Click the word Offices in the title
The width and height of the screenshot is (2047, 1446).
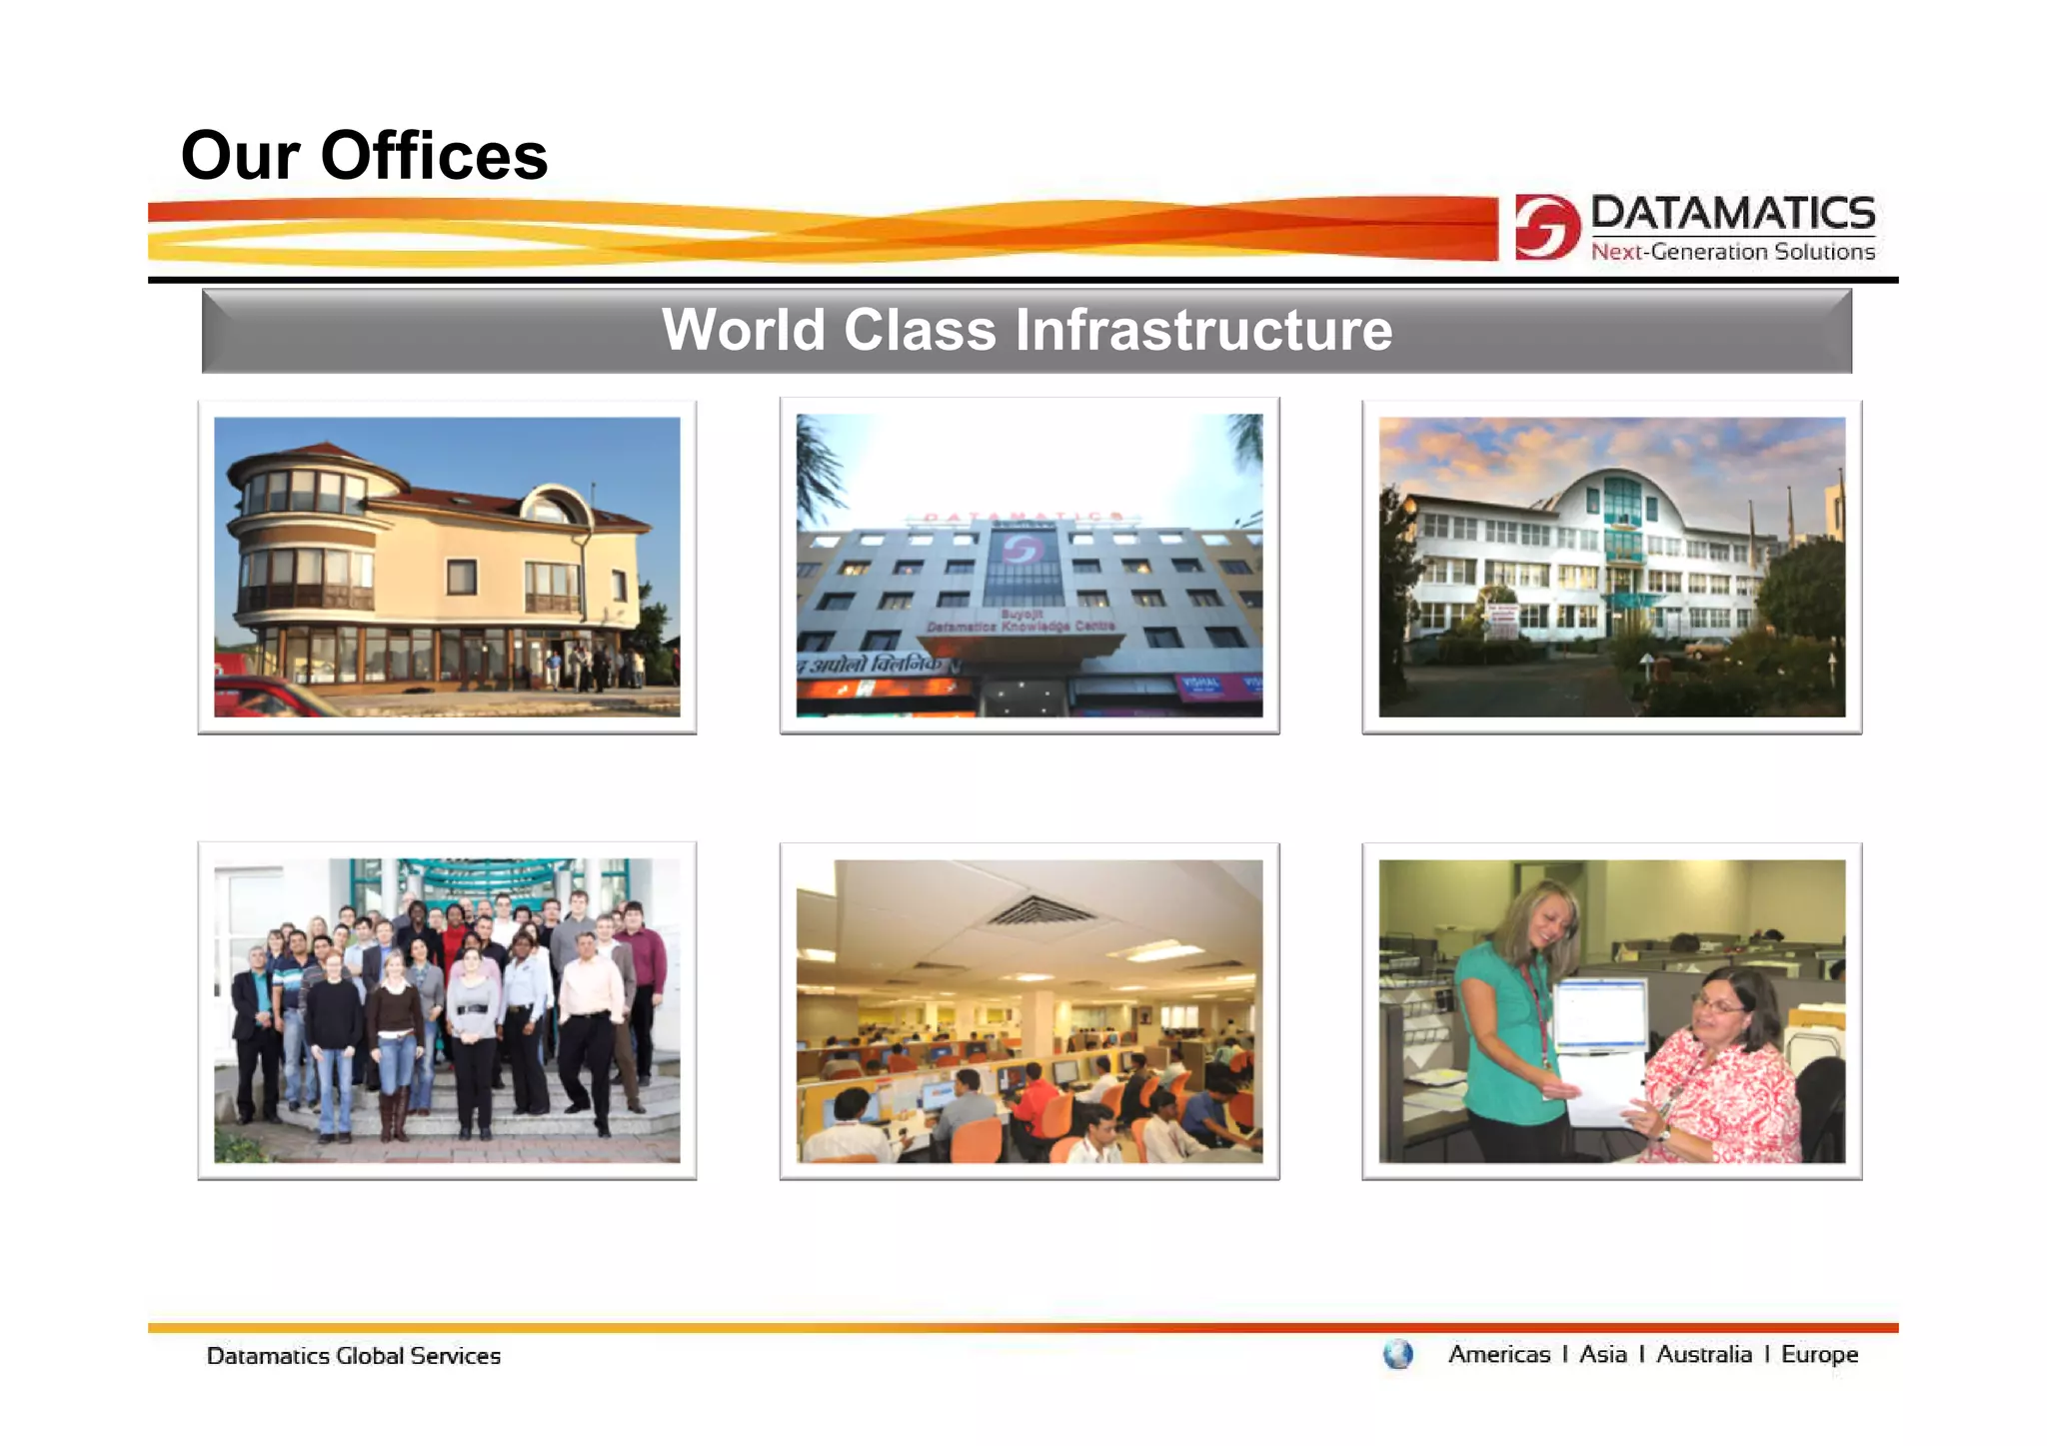434,156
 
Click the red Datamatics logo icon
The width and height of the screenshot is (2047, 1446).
1546,227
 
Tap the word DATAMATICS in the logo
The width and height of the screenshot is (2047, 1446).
1732,213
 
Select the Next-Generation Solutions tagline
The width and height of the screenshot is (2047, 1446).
1732,252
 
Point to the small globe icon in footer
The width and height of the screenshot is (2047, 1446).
1397,1354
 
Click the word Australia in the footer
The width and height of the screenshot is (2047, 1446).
1703,1354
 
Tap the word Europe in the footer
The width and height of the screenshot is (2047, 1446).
1819,1354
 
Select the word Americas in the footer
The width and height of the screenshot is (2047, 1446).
1498,1354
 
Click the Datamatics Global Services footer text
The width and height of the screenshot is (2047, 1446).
353,1356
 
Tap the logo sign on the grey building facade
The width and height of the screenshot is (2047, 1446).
1022,551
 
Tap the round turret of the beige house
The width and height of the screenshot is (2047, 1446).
300,540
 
